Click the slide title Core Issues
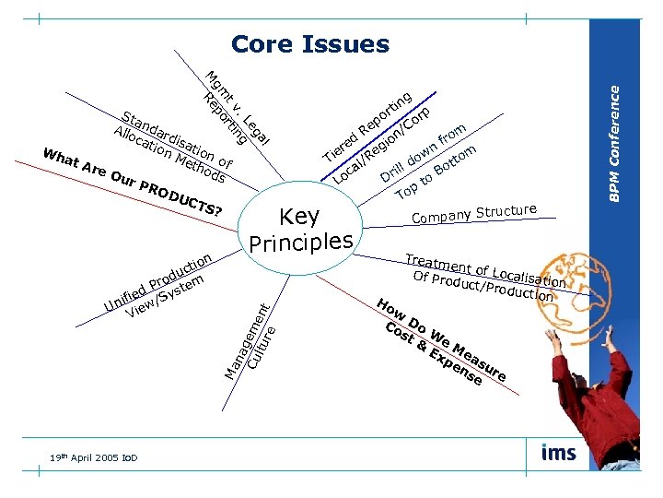click(x=310, y=43)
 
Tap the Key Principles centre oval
click(x=301, y=229)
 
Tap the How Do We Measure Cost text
click(x=442, y=342)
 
